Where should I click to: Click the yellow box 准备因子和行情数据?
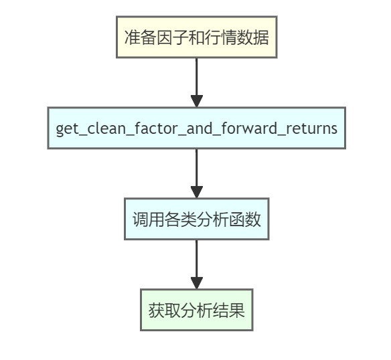[x=196, y=37]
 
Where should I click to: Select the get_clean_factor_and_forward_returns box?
[x=196, y=128]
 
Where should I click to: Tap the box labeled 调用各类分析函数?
[x=196, y=219]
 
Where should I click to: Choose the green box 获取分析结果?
[x=196, y=310]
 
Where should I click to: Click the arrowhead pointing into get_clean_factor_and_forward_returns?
[x=196, y=101]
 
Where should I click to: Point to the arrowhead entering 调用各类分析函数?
[x=196, y=192]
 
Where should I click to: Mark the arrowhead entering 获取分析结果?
[x=196, y=283]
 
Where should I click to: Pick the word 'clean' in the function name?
[x=106, y=128]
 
